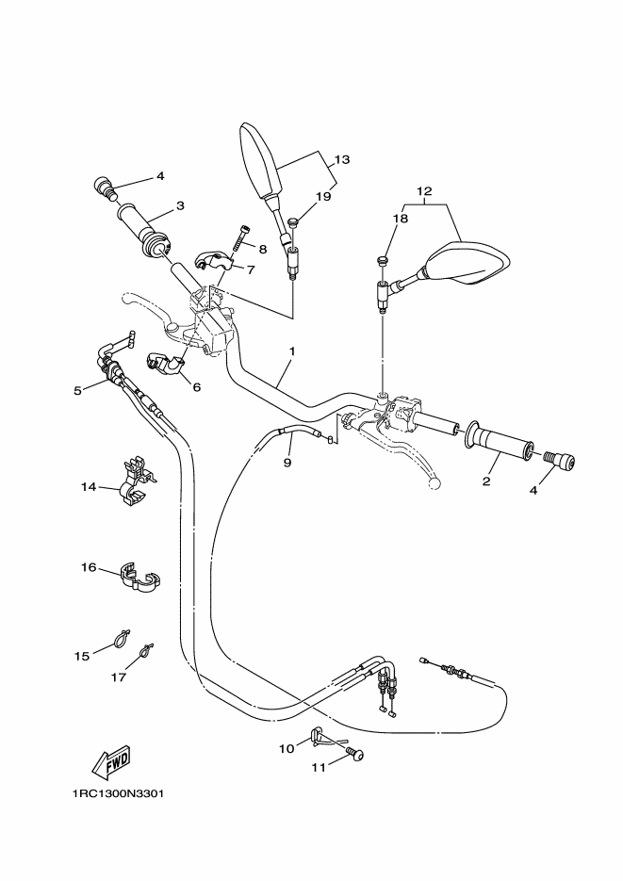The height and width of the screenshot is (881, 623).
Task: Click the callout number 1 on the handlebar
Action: pyautogui.click(x=292, y=351)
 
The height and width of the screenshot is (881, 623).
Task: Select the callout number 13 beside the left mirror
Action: pyautogui.click(x=341, y=160)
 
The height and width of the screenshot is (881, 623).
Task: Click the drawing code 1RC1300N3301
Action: pyautogui.click(x=118, y=792)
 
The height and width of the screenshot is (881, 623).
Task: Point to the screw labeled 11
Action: pyautogui.click(x=356, y=754)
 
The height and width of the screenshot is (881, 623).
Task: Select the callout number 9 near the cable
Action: pyautogui.click(x=288, y=463)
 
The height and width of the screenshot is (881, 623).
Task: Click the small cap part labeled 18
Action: pyautogui.click(x=383, y=260)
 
